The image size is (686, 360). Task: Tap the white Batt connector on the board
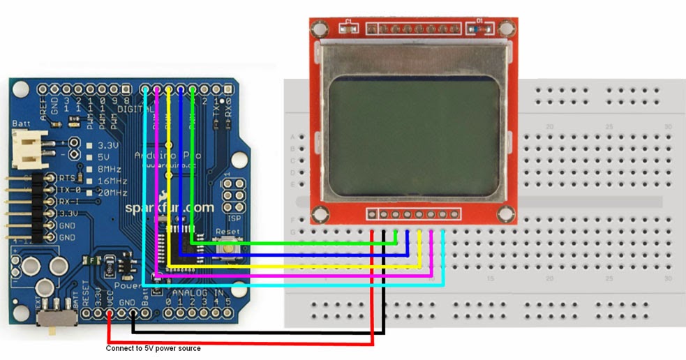point(28,147)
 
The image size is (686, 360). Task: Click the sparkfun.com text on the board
point(170,208)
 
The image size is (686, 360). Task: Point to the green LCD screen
point(414,137)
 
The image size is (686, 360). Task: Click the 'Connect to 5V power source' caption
point(153,348)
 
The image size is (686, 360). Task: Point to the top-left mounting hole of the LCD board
point(320,29)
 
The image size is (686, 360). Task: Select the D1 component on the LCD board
point(481,29)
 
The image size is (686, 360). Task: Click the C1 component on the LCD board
point(347,29)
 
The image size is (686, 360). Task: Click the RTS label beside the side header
point(68,178)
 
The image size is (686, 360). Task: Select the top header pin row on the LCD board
point(413,29)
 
